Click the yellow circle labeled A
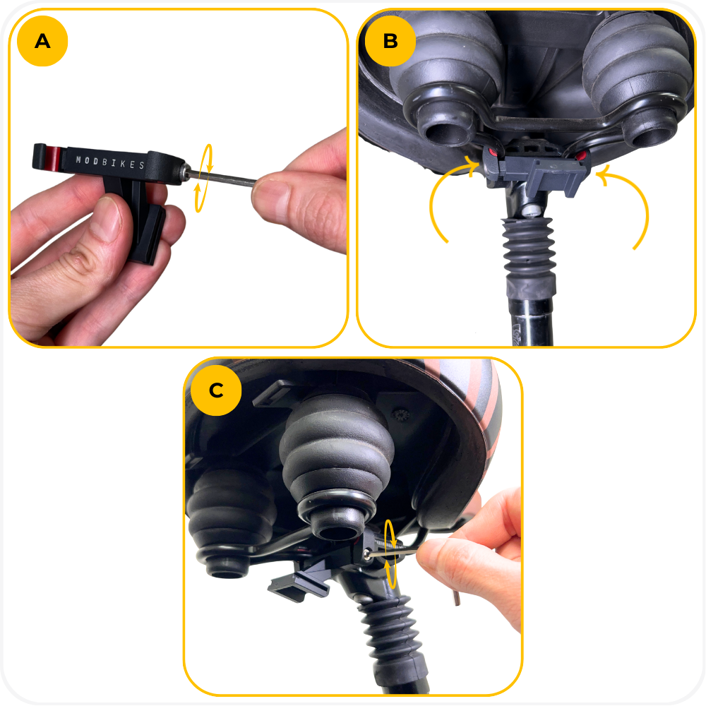coord(42,41)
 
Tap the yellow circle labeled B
coord(390,41)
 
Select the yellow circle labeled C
coord(216,390)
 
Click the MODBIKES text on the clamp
coord(110,162)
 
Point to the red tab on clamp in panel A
coord(52,160)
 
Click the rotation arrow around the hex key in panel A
coord(203,178)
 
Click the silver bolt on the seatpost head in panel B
coord(532,210)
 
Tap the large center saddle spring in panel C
coord(337,464)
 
